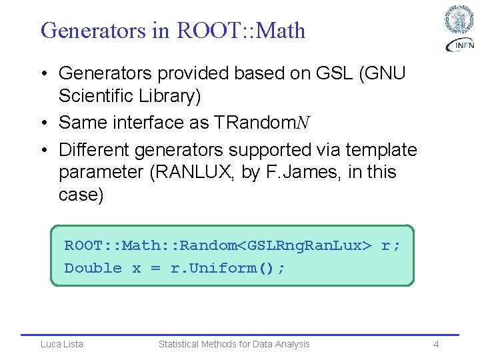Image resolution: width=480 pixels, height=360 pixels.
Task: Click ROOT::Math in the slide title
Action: [x=241, y=30]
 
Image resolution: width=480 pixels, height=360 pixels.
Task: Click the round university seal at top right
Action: [x=459, y=19]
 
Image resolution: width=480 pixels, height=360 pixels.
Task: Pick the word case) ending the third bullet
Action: [x=80, y=195]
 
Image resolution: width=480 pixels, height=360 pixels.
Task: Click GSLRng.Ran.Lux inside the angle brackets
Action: [x=305, y=245]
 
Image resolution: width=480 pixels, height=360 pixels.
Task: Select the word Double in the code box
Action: [x=93, y=268]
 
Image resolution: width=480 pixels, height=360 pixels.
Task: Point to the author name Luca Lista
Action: [x=62, y=344]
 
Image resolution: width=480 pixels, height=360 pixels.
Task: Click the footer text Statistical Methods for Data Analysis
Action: [x=234, y=344]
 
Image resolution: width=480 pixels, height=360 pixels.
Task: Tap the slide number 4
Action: [x=436, y=344]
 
